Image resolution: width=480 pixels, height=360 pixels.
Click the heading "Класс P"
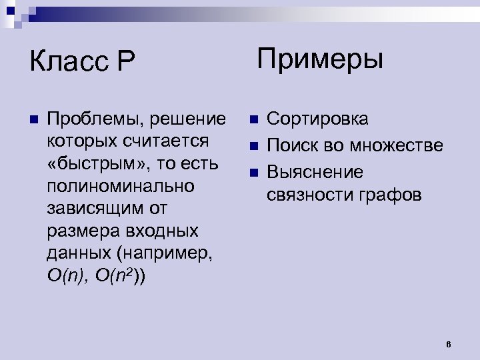(82, 63)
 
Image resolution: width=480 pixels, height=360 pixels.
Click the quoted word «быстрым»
(90, 164)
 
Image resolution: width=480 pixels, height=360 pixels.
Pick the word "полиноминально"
(121, 186)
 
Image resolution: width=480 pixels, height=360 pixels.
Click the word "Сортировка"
(317, 120)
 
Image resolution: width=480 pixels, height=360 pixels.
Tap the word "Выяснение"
(315, 172)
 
